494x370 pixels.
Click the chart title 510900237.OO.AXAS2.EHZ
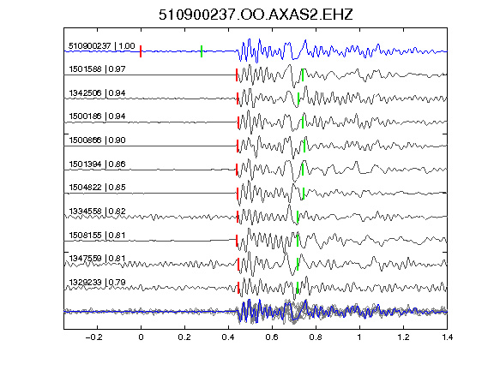click(256, 15)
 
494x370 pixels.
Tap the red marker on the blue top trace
click(141, 51)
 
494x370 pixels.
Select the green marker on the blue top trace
click(202, 51)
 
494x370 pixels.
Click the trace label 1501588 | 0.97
click(97, 69)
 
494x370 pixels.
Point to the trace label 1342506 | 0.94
click(97, 92)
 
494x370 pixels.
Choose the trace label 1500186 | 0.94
click(97, 116)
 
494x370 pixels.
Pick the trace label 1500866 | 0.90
click(97, 140)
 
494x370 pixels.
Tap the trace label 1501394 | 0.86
click(97, 164)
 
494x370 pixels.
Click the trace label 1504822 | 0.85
click(97, 188)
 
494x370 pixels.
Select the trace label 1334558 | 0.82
click(97, 211)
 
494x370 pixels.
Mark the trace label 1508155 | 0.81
click(97, 235)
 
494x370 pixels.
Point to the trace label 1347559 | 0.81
click(97, 259)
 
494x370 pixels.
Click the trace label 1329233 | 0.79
click(97, 283)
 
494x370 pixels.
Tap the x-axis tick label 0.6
click(272, 337)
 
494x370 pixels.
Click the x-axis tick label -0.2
click(93, 337)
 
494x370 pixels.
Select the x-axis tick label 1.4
click(447, 337)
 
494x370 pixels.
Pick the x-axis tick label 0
click(141, 337)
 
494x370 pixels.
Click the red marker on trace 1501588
click(237, 75)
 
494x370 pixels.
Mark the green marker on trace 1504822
click(304, 194)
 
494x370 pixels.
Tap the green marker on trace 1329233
click(297, 288)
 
